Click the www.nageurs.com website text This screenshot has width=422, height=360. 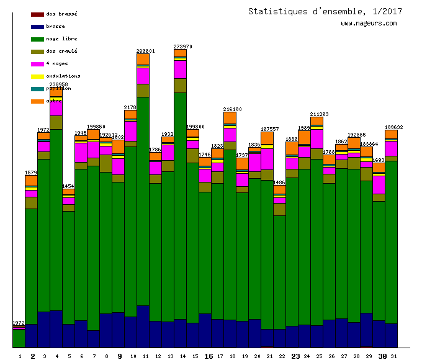pyautogui.click(x=369, y=24)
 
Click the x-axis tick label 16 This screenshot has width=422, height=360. pyautogui.click(x=209, y=356)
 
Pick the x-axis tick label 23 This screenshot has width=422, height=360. pyautogui.click(x=295, y=356)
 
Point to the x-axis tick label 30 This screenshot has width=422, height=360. pyautogui.click(x=382, y=356)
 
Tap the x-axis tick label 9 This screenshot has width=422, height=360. pyautogui.click(x=120, y=356)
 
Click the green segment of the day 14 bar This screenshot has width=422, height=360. pyautogui.click(x=180, y=205)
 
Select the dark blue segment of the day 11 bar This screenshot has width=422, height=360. pyautogui.click(x=143, y=326)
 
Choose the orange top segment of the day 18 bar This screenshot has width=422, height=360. pyautogui.click(x=230, y=117)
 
